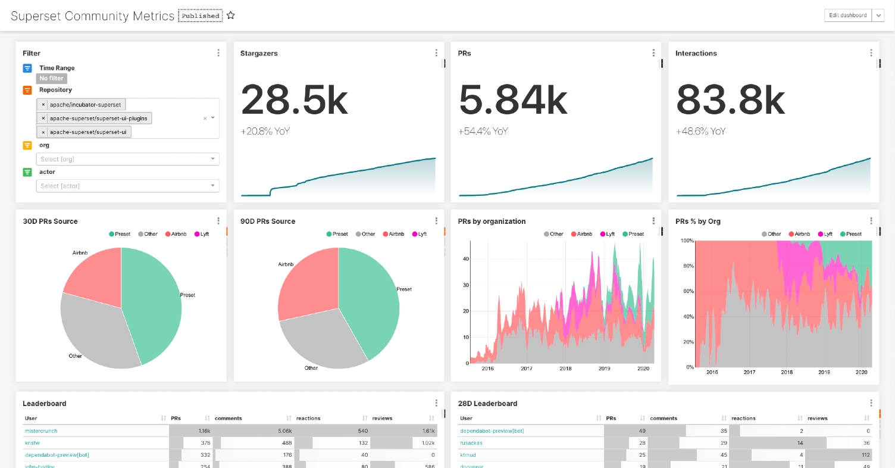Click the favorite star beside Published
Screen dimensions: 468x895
tap(231, 15)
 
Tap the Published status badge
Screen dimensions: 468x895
tap(201, 16)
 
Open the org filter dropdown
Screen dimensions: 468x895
tap(127, 159)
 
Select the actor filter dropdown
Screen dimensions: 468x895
tap(127, 186)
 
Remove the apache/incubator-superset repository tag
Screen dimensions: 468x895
tap(43, 105)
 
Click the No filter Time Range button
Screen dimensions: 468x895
tap(52, 78)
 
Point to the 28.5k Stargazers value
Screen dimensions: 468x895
tap(294, 99)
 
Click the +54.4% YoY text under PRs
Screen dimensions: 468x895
tap(483, 131)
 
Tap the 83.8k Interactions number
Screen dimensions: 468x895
tap(730, 99)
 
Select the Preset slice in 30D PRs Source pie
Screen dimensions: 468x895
tap(155, 298)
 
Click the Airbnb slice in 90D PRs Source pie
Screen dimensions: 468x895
tap(306, 286)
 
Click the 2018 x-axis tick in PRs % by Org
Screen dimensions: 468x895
tap(786, 372)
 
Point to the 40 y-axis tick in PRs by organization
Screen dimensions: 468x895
tap(465, 259)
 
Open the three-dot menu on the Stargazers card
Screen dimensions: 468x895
tap(437, 53)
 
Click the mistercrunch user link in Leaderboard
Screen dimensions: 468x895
tap(41, 430)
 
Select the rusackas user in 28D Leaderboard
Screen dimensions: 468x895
tap(471, 442)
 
